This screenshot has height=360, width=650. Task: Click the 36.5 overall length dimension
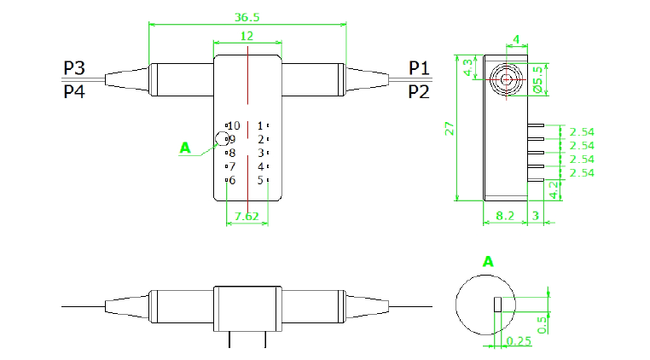click(x=247, y=16)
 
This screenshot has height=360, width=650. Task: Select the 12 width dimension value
click(x=247, y=36)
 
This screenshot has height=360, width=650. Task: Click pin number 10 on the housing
click(x=234, y=126)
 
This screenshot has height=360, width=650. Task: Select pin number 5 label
click(x=261, y=180)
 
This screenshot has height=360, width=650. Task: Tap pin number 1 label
click(x=261, y=126)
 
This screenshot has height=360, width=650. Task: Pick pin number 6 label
click(x=231, y=180)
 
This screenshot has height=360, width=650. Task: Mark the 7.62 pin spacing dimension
click(x=247, y=217)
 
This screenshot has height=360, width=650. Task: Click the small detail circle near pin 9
click(x=222, y=139)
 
